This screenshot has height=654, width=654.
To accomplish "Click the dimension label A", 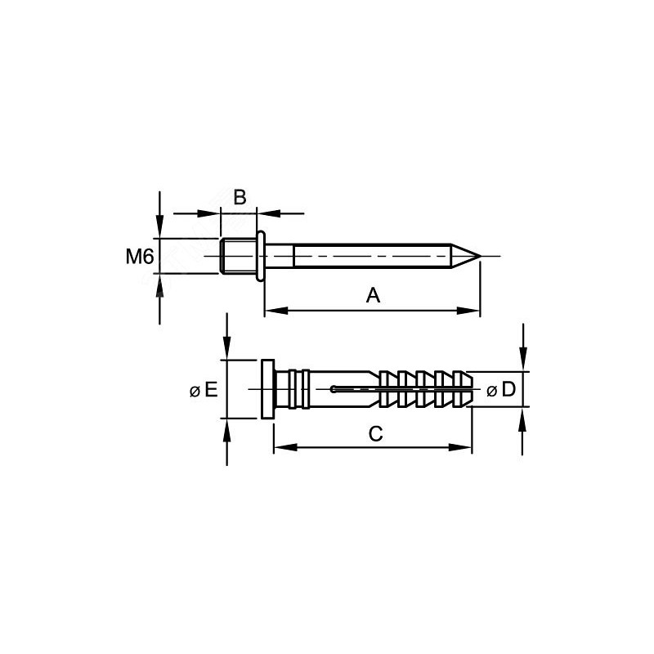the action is point(373,295).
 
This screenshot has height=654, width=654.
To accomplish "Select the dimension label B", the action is point(240,197).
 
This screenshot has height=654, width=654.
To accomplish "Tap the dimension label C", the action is point(376,434).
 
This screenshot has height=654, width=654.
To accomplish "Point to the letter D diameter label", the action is point(508,390).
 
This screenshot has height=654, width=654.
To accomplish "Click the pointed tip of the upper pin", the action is point(481,256).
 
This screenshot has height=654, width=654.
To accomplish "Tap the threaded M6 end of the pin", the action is point(239,256).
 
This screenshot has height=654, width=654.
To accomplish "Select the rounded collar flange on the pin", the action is point(261,256).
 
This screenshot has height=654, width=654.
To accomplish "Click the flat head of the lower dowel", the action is point(268,389).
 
